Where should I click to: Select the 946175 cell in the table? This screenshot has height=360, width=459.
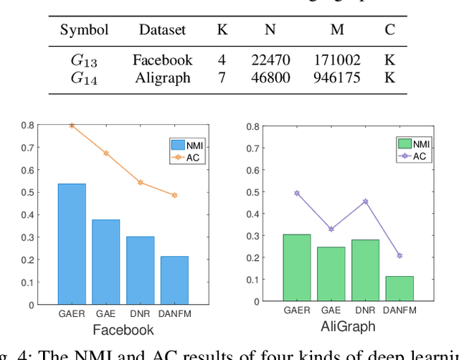click(336, 77)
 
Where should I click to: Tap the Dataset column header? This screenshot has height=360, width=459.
click(162, 30)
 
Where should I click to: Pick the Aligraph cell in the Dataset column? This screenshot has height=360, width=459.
click(162, 77)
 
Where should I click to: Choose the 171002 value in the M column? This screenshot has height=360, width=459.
click(336, 60)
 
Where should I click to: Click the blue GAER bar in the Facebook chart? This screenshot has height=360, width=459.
click(72, 244)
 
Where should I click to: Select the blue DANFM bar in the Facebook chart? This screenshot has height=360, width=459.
click(174, 280)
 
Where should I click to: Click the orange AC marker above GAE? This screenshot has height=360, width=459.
click(106, 153)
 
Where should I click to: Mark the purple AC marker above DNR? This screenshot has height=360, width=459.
click(365, 202)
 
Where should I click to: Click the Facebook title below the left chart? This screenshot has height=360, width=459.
click(123, 331)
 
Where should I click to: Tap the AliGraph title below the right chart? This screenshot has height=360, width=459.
click(348, 326)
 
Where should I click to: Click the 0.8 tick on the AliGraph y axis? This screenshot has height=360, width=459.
click(256, 128)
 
